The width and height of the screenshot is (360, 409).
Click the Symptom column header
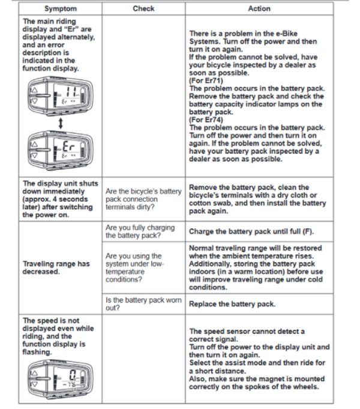pyautogui.click(x=60, y=8)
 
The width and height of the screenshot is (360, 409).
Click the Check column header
pyautogui.click(x=143, y=8)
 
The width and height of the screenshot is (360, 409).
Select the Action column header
pyautogui.click(x=259, y=8)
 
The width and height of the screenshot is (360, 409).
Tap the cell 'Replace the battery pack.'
pyautogui.click(x=232, y=304)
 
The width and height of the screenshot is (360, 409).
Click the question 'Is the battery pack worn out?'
pyautogui.click(x=143, y=304)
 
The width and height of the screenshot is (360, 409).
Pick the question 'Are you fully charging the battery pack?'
pyautogui.click(x=140, y=231)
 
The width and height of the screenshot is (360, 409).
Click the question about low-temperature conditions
pyautogui.click(x=135, y=267)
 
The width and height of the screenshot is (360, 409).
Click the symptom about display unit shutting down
pyautogui.click(x=58, y=199)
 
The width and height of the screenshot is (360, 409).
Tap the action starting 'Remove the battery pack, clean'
pyautogui.click(x=258, y=199)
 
